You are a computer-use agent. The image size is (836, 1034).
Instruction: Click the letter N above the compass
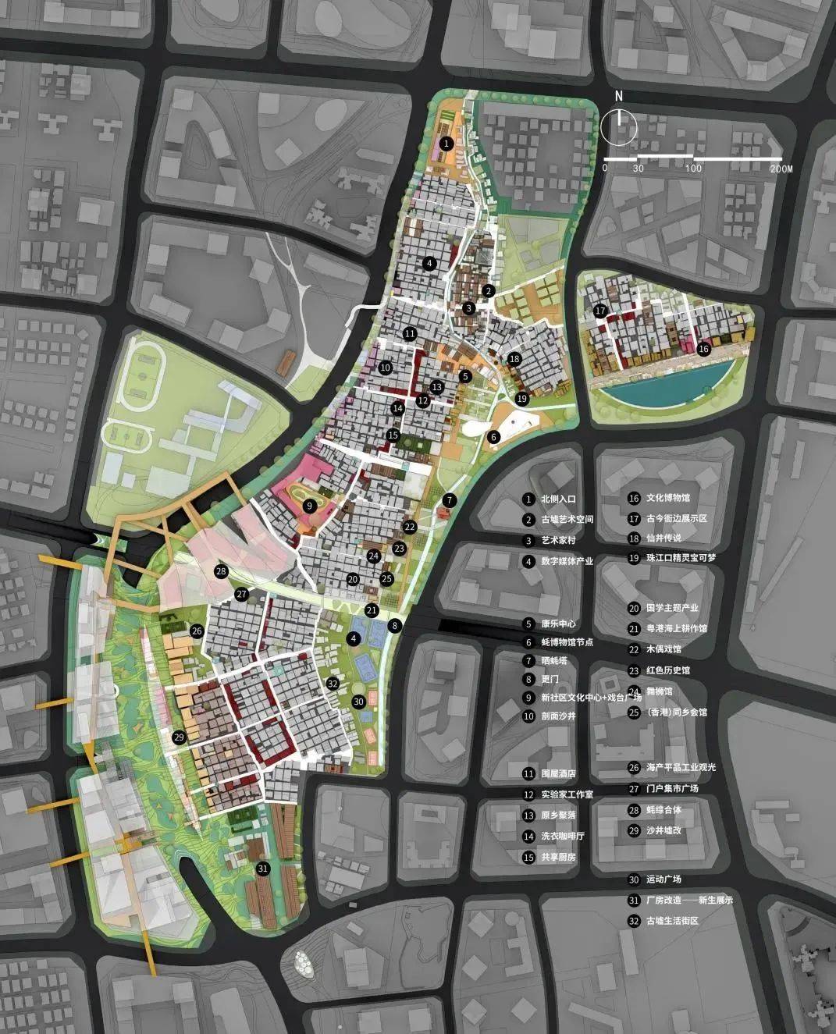pos(618,96)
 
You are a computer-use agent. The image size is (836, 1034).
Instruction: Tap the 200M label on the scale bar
pos(781,169)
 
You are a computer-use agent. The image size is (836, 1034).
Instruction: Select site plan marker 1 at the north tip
pos(446,144)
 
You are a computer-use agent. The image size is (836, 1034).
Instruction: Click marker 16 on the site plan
pos(703,349)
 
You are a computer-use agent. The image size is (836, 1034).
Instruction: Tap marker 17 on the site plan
pos(599,311)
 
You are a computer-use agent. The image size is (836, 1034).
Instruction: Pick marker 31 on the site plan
pos(263,868)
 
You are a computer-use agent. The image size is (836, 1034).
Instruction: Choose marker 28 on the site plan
pos(221,572)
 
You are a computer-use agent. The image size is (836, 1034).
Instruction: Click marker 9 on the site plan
pos(309,506)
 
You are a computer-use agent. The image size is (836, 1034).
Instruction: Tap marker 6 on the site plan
pos(493,437)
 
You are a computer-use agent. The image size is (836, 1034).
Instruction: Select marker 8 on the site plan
pos(396,625)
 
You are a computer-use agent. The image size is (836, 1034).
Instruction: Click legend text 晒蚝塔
pos(557,659)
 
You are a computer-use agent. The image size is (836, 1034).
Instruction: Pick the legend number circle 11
pos(528,773)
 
